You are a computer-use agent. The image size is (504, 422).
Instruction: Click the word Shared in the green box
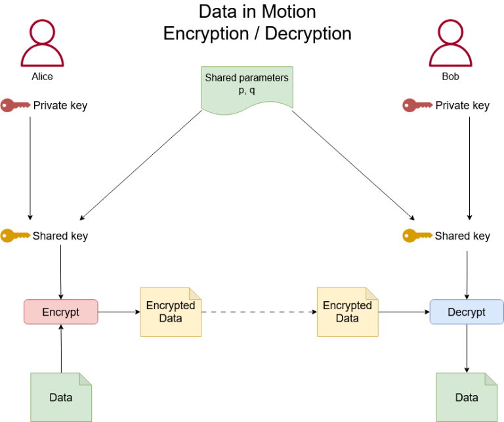[220, 77]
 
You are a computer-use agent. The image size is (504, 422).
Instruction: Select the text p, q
[247, 90]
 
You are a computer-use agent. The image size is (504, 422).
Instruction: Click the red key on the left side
[15, 104]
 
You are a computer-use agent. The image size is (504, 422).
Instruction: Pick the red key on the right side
[417, 104]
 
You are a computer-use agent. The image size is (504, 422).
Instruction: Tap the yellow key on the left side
[15, 235]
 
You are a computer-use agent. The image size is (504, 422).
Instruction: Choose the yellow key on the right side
[417, 235]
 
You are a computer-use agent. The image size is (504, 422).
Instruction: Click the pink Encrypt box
[61, 312]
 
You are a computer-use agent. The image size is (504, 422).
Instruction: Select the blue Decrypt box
[467, 312]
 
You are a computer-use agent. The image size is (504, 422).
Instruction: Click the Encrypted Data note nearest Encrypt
[171, 312]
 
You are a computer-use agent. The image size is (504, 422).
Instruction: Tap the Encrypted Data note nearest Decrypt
[347, 312]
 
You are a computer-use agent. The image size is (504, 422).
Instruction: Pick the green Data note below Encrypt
[61, 397]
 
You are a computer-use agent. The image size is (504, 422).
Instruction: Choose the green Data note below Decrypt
[467, 397]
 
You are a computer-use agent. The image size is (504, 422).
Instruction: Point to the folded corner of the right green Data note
[492, 379]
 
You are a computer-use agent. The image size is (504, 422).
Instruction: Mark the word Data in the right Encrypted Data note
[347, 318]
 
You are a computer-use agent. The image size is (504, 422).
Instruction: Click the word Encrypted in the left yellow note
[171, 305]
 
